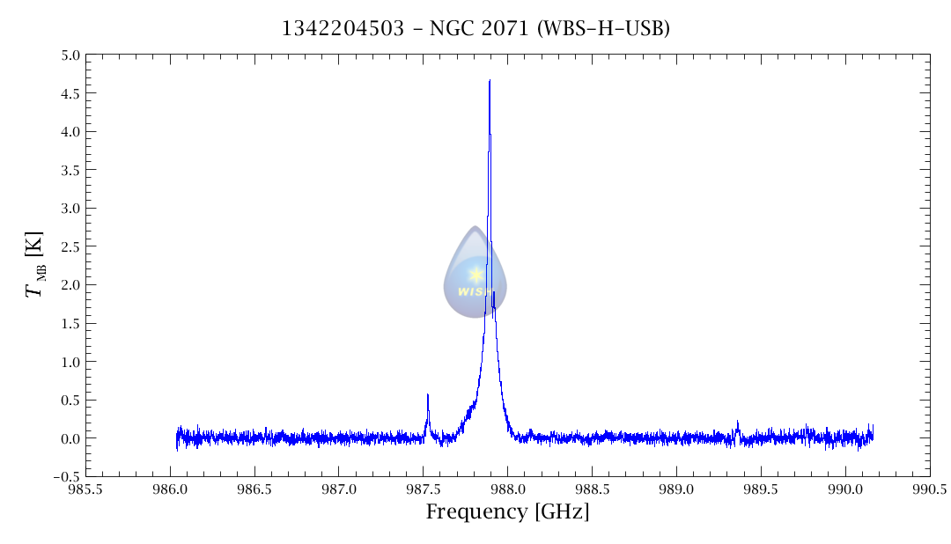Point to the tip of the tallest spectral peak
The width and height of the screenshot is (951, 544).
[490, 80]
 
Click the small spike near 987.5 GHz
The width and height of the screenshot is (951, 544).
[428, 396]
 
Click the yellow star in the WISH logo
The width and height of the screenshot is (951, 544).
[475, 275]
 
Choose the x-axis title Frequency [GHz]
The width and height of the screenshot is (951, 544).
[507, 512]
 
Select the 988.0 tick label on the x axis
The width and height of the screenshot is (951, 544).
[508, 489]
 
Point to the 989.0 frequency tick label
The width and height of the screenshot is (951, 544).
[676, 489]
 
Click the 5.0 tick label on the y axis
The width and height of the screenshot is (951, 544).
[70, 55]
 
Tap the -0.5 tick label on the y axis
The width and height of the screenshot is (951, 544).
[66, 476]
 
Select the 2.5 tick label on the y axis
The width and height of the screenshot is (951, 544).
[70, 246]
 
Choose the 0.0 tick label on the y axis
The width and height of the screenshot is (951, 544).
[70, 438]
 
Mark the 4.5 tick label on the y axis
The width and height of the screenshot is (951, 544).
[70, 93]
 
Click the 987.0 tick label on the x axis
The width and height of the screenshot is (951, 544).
[339, 489]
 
